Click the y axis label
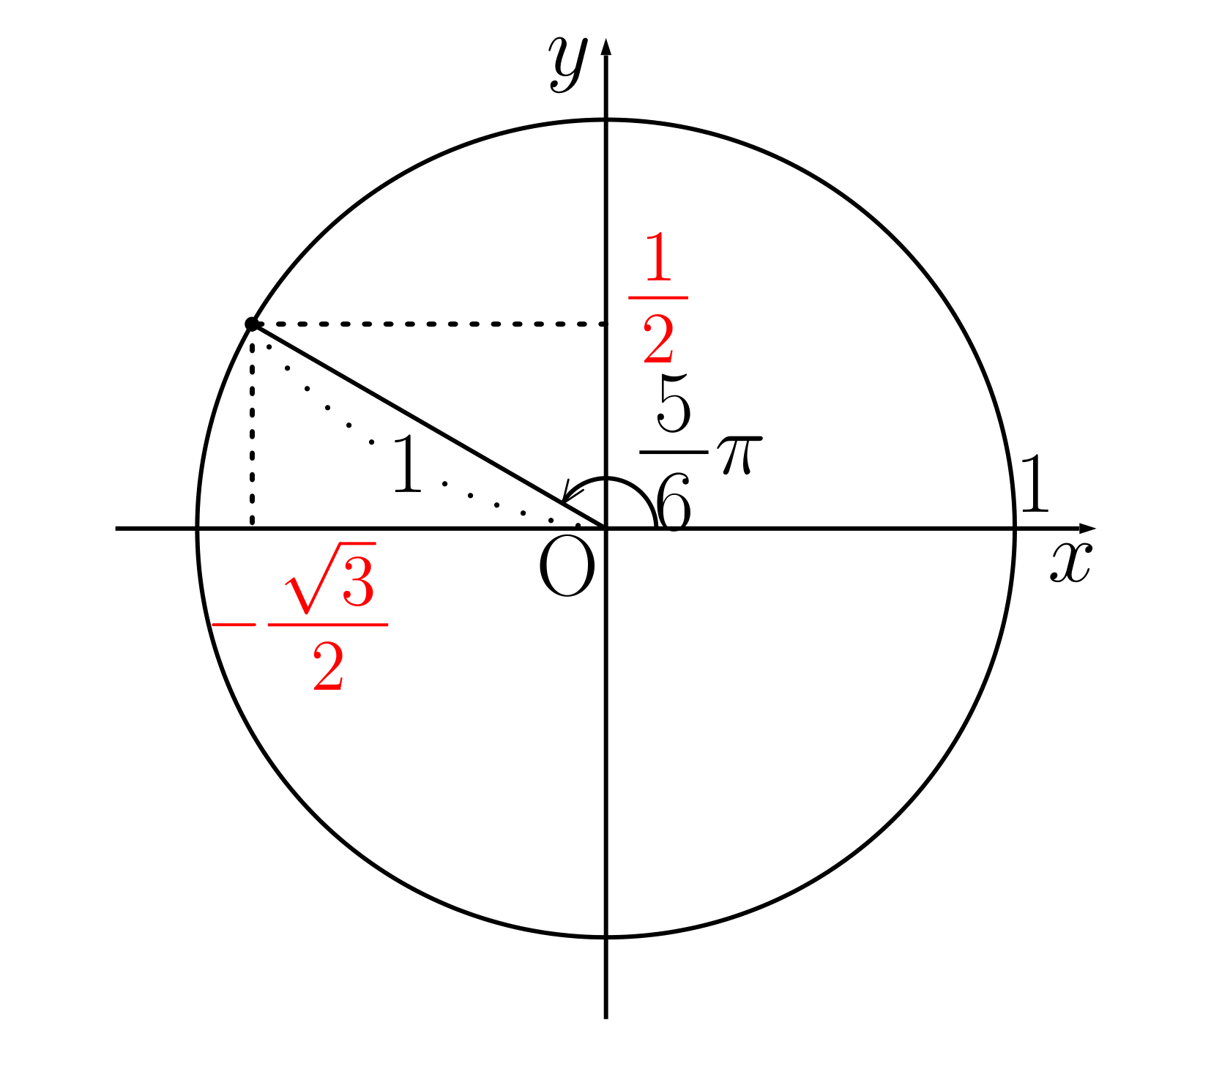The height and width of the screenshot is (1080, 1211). pos(568,63)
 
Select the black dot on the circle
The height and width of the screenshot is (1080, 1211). pos(252,324)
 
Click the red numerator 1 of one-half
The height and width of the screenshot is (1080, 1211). pos(658,257)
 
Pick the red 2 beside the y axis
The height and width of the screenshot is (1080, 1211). pos(658,338)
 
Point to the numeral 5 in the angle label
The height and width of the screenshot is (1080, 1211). pos(674,403)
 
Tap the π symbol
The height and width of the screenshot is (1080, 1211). pos(739,454)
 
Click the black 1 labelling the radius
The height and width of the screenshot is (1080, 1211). pos(407,463)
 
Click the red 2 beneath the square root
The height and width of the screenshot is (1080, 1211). pos(328,666)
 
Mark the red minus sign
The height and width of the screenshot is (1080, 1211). pos(234,625)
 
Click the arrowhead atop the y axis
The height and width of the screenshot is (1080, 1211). pos(605,45)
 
